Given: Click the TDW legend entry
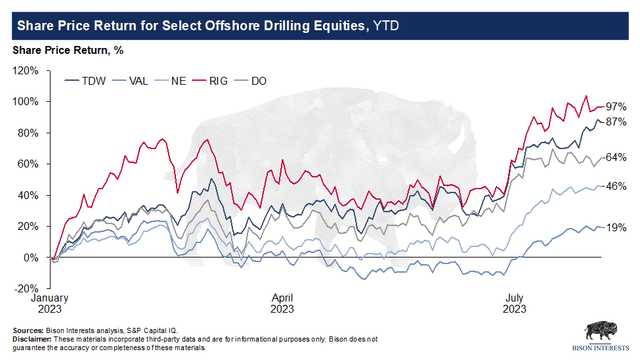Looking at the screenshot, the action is point(85,81).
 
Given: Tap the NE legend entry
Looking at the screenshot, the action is point(170,81).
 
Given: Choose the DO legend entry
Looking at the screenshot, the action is point(250,81).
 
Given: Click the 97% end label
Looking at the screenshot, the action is point(616,107).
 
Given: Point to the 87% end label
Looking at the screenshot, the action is point(616,122).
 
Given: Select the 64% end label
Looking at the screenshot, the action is point(616,157).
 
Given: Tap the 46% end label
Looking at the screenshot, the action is point(616,186).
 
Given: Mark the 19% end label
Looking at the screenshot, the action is point(616,227).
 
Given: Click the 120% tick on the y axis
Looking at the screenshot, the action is point(26,71).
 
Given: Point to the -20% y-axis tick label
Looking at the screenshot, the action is point(26,289).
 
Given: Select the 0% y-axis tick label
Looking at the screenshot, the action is point(31,258).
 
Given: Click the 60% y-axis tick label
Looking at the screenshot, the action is point(29,164).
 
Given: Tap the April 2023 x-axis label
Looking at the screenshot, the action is point(282,303).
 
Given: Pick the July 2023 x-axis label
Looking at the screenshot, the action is point(514,303).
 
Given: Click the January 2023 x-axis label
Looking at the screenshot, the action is point(50,303).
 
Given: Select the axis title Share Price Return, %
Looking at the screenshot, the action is point(68,50).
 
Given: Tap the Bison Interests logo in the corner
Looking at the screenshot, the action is point(601,337).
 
